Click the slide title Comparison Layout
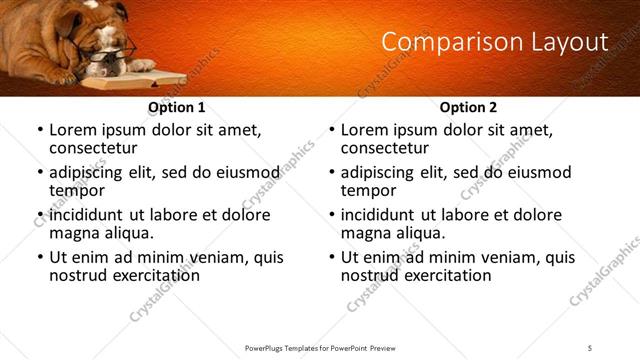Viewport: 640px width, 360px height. coord(495,42)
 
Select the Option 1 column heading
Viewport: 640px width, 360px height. coord(176,107)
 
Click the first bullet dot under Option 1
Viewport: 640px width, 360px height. coord(39,130)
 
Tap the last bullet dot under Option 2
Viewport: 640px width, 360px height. coord(331,257)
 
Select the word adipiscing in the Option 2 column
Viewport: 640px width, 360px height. coord(383,172)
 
